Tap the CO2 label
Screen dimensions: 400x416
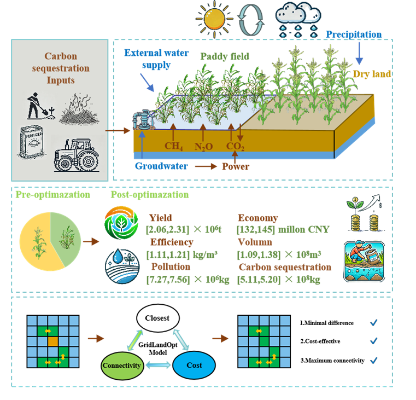(236, 147)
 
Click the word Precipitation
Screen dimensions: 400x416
(354, 34)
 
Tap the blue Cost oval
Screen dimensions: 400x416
(194, 366)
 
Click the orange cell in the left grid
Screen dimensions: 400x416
(52, 341)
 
